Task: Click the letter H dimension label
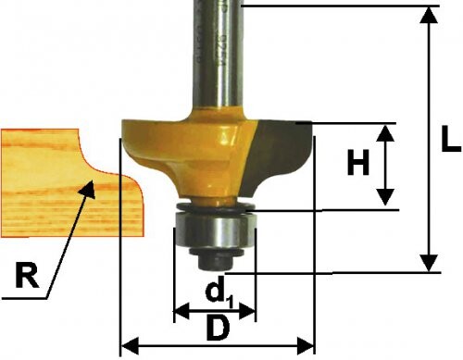point(358,162)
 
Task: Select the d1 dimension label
point(219,297)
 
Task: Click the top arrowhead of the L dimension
point(429,15)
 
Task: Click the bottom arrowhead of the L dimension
point(429,263)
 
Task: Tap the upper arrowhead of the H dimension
point(385,133)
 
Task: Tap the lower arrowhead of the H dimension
point(385,197)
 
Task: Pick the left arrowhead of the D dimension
point(129,346)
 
